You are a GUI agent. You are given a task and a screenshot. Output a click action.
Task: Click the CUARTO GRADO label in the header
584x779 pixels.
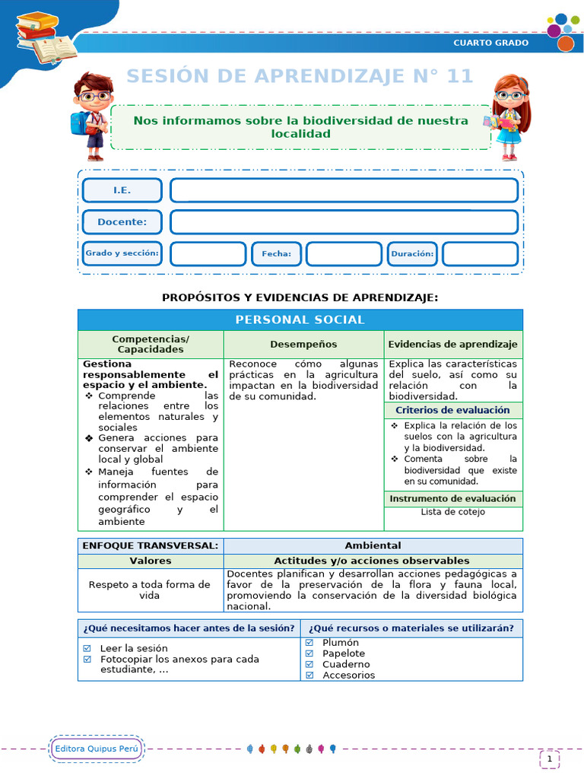coord(490,43)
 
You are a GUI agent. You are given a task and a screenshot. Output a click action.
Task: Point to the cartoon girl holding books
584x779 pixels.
coord(507,116)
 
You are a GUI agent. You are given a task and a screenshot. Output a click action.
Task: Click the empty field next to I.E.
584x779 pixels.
coord(344,190)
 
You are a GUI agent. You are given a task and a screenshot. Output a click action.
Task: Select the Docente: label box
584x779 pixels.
coord(122,222)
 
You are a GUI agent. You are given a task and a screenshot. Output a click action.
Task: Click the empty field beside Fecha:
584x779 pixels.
coord(344,254)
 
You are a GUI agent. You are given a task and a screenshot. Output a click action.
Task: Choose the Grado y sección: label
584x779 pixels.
coord(122,253)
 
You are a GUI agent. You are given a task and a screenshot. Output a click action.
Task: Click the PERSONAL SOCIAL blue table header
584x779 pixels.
coord(300,320)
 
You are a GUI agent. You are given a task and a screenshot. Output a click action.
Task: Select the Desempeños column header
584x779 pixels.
coord(303,345)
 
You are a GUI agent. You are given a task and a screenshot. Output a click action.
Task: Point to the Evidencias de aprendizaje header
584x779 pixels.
coord(453,345)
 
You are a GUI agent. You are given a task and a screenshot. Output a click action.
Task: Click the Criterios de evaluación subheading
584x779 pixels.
coord(453,410)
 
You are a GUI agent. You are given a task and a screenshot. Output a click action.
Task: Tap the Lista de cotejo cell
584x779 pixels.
coord(453,512)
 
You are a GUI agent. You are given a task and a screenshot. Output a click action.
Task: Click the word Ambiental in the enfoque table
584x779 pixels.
coord(373,545)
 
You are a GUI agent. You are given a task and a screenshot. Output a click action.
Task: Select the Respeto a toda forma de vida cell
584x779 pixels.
coord(150,590)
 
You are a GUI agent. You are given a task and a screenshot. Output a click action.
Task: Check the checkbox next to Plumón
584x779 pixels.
coord(309,643)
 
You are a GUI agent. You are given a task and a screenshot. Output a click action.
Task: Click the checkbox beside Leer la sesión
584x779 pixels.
coord(87,648)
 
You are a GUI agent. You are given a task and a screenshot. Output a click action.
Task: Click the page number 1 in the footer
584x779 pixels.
coord(550,758)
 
